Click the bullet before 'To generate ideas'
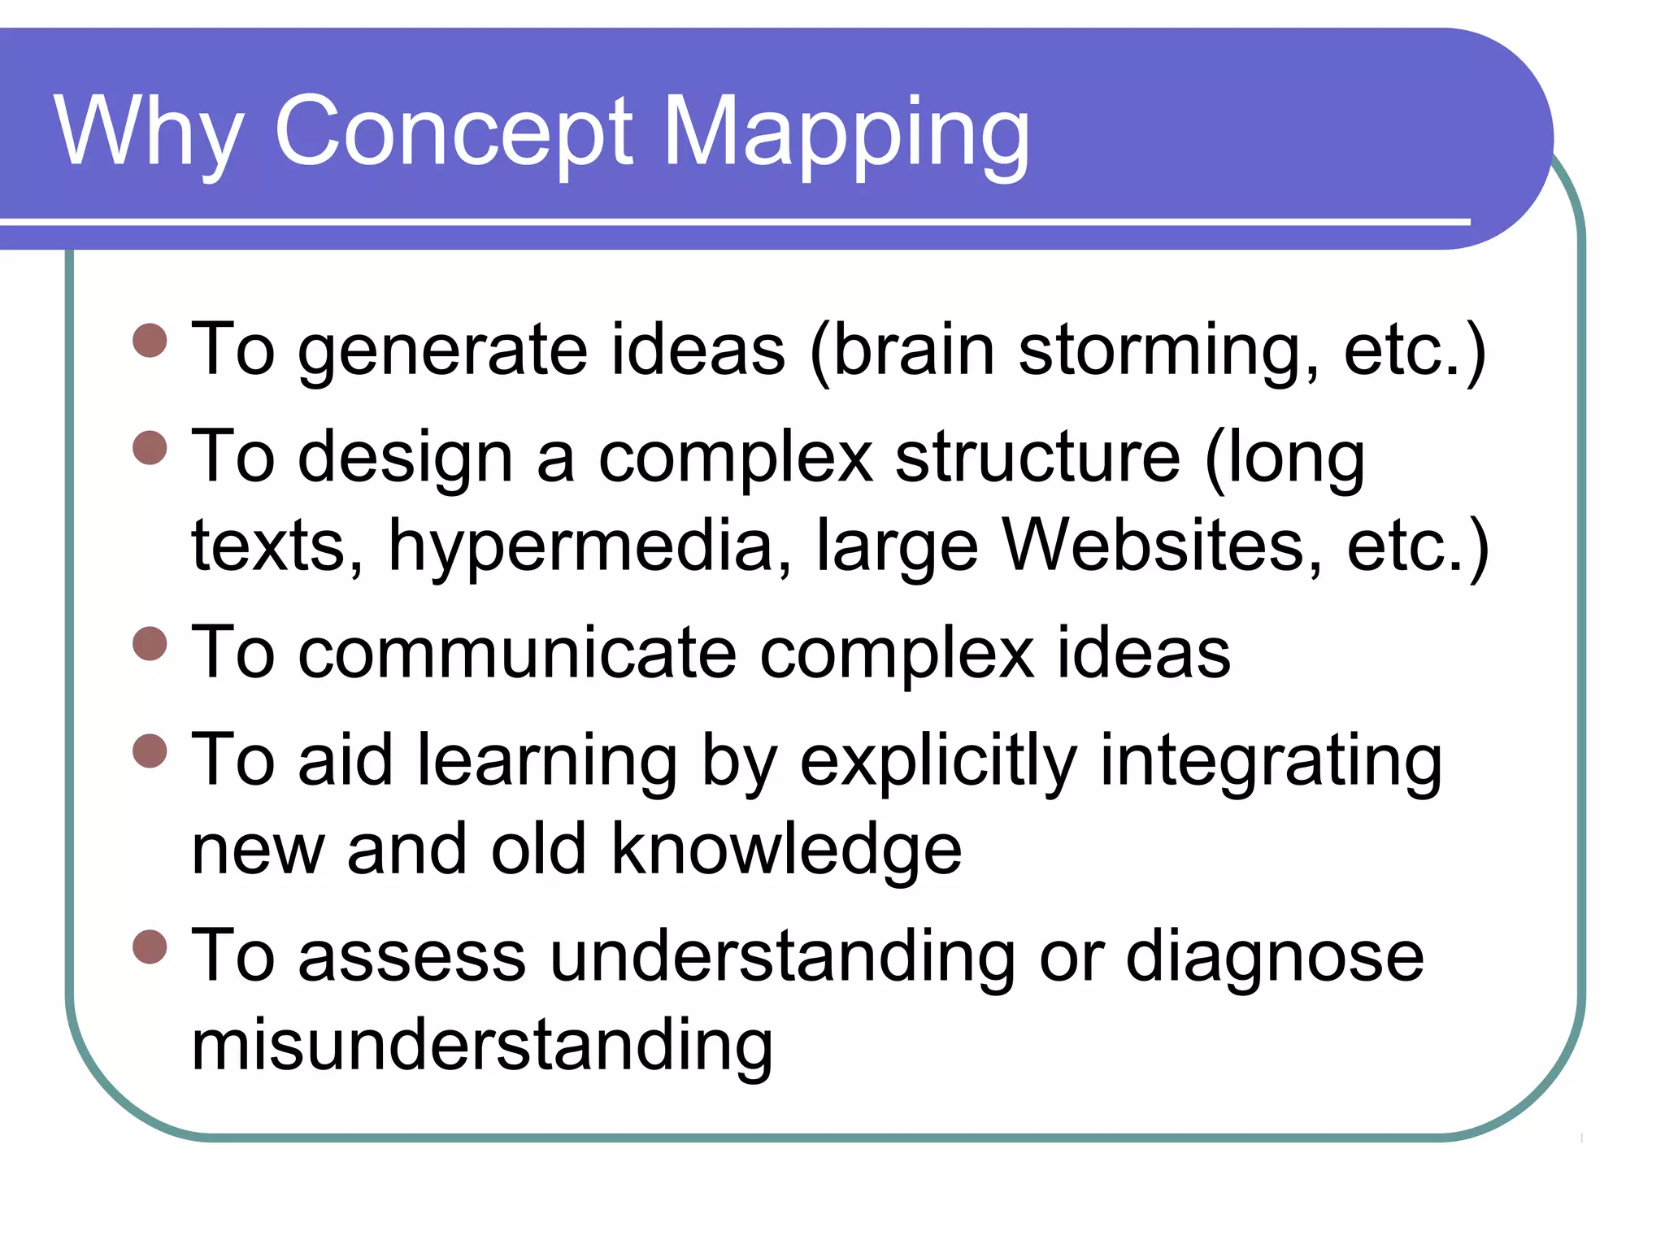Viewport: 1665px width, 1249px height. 150,341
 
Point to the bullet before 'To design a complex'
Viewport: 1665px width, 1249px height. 150,447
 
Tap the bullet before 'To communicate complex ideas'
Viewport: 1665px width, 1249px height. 150,643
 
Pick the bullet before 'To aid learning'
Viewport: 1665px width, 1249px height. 150,751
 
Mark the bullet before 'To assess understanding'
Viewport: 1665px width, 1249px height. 150,947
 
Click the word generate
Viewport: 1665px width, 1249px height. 443,351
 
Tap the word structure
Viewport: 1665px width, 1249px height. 1037,458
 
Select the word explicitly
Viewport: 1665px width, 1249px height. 938,763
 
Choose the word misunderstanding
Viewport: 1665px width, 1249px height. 482,1046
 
